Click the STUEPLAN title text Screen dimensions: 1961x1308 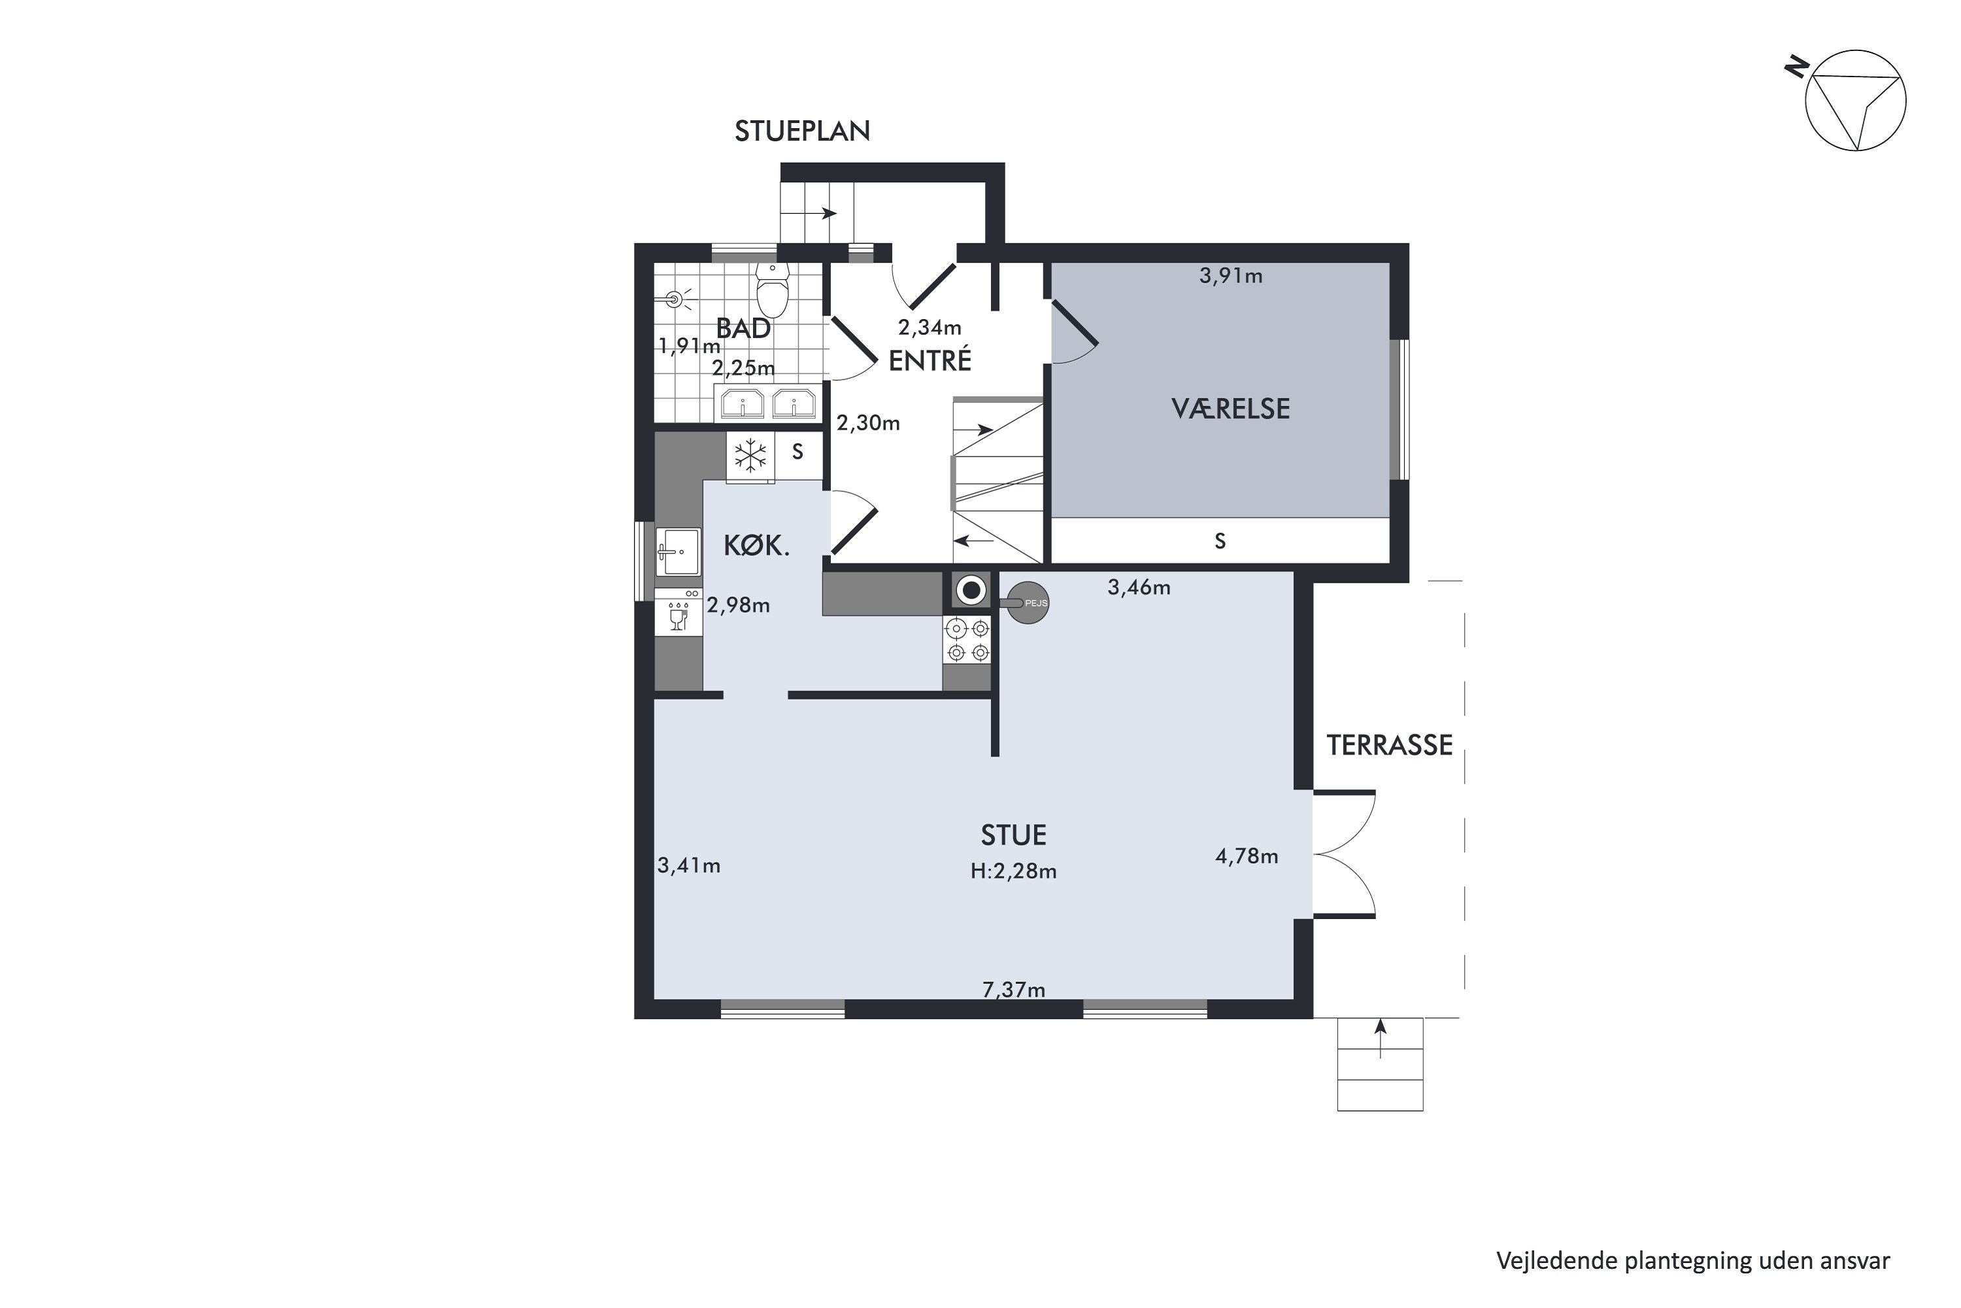coord(802,131)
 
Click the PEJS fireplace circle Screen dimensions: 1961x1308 coord(1028,602)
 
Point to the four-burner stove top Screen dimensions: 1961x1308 coord(968,640)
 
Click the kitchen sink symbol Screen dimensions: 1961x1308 coord(678,552)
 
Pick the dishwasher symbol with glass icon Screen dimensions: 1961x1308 coord(679,612)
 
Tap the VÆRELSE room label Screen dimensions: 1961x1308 coord(1231,409)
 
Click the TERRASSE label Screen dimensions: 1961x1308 coord(1390,745)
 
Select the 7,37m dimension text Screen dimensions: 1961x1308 coord(1014,990)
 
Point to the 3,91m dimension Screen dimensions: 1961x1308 coord(1231,276)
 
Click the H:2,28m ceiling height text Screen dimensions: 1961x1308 coord(1013,872)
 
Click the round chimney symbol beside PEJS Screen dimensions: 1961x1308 coord(971,591)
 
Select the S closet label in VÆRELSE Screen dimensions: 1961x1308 coord(1220,542)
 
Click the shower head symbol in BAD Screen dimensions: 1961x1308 coord(678,299)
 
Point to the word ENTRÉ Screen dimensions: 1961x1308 coord(930,360)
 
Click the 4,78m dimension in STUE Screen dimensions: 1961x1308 coord(1247,857)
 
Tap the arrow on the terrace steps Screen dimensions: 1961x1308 coord(1381,1039)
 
